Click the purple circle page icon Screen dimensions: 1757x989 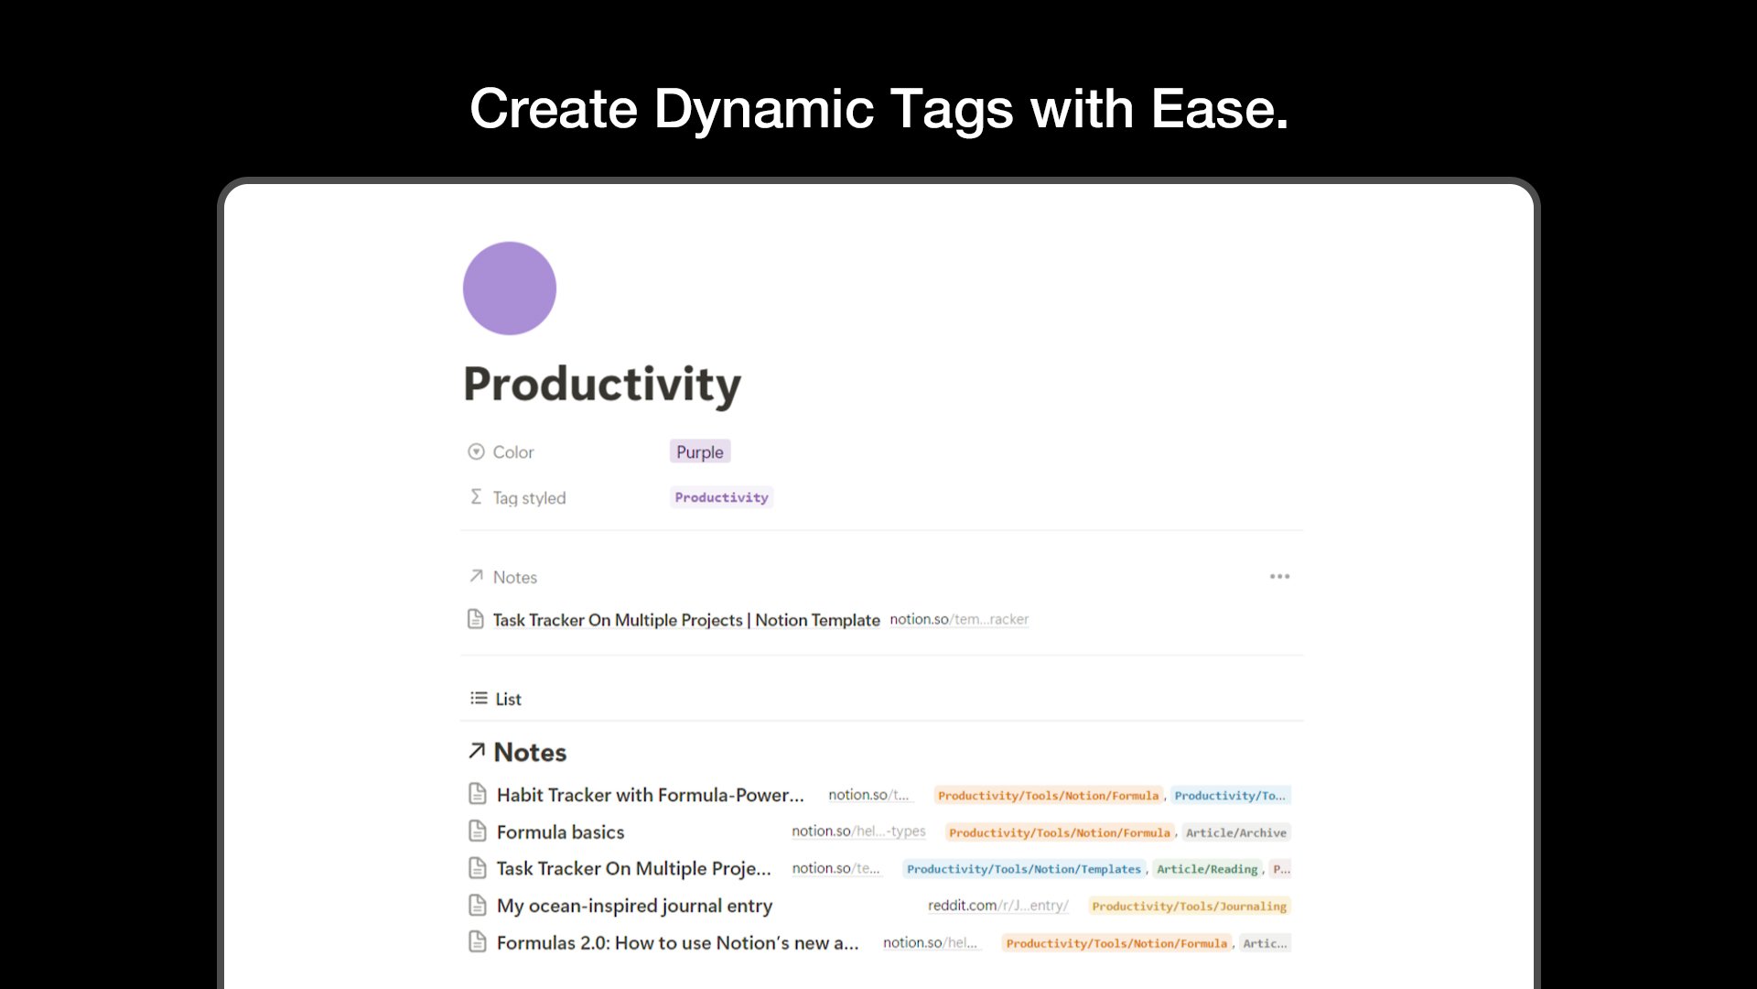point(510,288)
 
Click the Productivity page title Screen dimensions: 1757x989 point(602,385)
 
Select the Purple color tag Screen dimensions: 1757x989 point(700,451)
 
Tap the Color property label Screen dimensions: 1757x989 point(513,451)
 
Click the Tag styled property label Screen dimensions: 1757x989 point(529,498)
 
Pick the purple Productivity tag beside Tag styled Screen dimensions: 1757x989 point(721,497)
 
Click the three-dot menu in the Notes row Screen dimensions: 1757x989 point(1279,576)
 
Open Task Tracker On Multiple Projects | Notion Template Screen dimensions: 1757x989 point(686,620)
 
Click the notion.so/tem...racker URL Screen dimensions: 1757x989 point(959,619)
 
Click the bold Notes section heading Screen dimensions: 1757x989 point(530,752)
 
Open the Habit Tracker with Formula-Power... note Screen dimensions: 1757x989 point(650,795)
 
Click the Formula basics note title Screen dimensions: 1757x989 point(560,831)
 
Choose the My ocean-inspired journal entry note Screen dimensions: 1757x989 point(634,906)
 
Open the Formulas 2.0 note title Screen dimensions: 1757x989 point(677,942)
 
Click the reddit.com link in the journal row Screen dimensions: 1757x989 point(998,905)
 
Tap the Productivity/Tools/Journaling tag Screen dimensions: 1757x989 point(1190,906)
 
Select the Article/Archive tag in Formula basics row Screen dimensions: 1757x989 point(1236,832)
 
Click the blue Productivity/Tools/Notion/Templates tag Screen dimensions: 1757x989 point(1024,869)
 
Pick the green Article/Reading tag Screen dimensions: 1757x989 point(1207,869)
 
